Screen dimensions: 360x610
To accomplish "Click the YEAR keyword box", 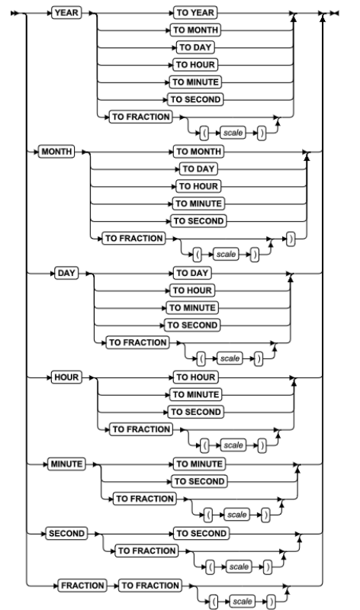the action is coord(66,13).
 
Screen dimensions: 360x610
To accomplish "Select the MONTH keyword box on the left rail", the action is coord(56,151).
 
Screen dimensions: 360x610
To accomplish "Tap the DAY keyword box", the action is coord(66,273).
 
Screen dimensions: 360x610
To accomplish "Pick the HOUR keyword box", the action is coord(66,377).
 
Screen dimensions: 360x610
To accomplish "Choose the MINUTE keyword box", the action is coord(66,464).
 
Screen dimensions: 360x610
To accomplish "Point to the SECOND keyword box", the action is coord(66,533).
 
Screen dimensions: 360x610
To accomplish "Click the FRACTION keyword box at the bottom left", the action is coord(82,586).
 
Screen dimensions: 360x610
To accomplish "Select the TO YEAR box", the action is coord(195,13).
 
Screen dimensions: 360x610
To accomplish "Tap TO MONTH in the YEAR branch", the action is coord(195,30).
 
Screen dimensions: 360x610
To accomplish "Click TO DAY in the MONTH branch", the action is coord(198,169).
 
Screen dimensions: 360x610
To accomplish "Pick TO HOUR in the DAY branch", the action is coord(192,291).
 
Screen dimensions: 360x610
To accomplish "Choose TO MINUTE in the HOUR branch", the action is coord(196,395).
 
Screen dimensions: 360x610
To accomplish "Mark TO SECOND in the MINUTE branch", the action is coord(199,482).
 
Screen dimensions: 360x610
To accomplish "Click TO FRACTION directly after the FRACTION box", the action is coord(150,586).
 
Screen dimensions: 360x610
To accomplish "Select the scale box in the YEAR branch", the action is coord(233,133).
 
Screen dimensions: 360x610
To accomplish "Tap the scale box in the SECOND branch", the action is coord(239,567).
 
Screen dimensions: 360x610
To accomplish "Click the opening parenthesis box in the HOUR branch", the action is coord(204,445).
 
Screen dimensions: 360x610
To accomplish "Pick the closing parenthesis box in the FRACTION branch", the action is coord(271,602).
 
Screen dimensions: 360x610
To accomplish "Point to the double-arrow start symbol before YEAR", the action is coord(14,13).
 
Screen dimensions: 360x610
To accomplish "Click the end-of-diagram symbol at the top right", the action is coord(334,13).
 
